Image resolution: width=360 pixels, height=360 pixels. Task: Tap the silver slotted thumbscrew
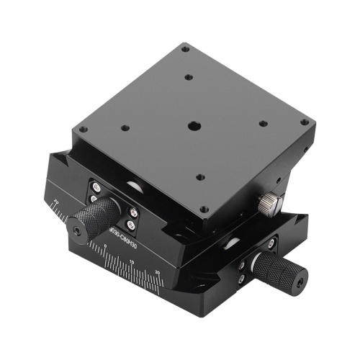pyautogui.click(x=267, y=204)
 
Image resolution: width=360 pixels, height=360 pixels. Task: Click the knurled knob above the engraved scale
pyautogui.click(x=96, y=215)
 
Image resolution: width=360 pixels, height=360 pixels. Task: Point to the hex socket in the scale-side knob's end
pyautogui.click(x=78, y=230)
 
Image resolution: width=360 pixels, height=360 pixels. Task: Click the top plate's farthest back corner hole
pyautogui.click(x=185, y=49)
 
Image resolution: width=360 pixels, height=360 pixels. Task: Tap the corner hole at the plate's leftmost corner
pyautogui.click(x=83, y=130)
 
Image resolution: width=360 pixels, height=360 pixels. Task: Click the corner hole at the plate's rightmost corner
pyautogui.click(x=305, y=123)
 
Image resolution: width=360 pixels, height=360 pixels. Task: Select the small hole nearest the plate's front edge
pyautogui.click(x=201, y=177)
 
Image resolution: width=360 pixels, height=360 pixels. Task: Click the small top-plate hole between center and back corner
pyautogui.click(x=188, y=78)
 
